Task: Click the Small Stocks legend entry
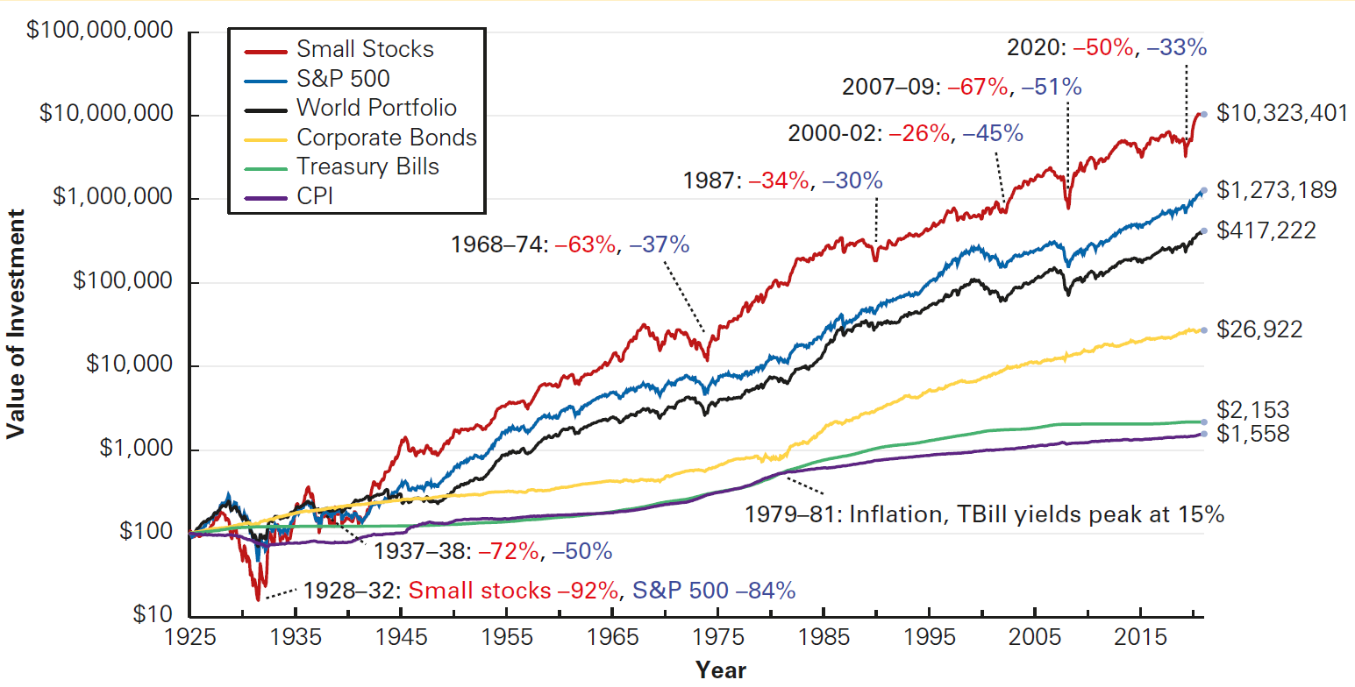tap(365, 48)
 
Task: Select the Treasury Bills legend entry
tap(367, 166)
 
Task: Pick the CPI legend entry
tap(315, 195)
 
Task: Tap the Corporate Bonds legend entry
tap(387, 138)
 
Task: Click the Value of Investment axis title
tap(15, 324)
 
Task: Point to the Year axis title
tap(720, 670)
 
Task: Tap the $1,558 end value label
tap(1253, 433)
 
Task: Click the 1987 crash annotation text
tap(783, 181)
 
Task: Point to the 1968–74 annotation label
tap(570, 245)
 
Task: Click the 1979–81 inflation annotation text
tap(983, 514)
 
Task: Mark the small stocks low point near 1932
tap(258, 599)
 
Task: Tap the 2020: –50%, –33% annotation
tap(1106, 47)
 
